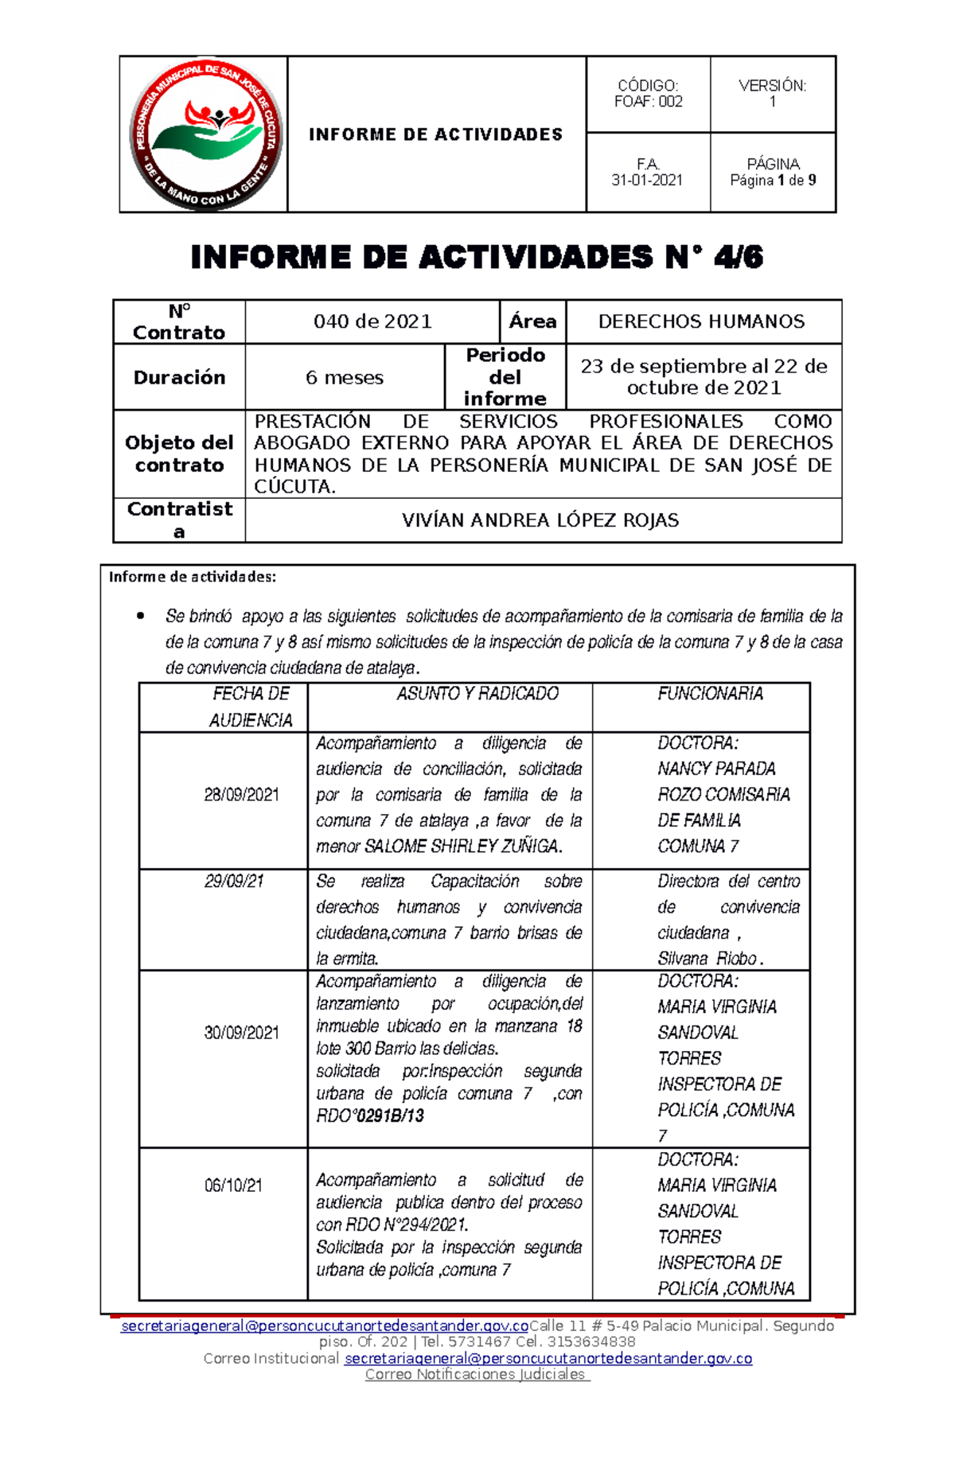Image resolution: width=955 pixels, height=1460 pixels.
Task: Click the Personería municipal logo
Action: [x=205, y=134]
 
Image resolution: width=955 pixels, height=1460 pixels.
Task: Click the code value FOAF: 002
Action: [x=648, y=102]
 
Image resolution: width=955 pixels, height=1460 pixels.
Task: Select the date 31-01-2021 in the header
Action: [x=647, y=181]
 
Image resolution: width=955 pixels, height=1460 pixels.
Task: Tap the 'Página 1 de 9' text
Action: [x=773, y=181]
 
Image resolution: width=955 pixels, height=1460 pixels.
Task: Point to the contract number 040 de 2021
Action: [x=372, y=321]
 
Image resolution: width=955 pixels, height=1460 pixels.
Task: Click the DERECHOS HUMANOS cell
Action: [x=701, y=321]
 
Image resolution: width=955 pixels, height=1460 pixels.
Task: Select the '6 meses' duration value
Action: [x=345, y=378]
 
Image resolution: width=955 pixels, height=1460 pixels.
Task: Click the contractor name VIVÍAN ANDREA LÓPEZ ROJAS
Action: [x=540, y=520]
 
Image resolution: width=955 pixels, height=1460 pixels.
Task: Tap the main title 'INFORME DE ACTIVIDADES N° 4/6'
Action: [x=477, y=257]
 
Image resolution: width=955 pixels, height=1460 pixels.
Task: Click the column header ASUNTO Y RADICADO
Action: [x=477, y=694]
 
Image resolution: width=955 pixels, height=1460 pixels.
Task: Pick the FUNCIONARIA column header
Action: [x=710, y=694]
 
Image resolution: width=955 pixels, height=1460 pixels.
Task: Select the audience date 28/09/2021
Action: [x=241, y=795]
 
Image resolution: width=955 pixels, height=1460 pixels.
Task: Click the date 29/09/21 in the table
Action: [x=234, y=882]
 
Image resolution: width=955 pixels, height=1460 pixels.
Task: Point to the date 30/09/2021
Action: [x=241, y=1033]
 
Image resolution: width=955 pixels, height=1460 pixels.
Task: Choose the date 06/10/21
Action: [x=233, y=1186]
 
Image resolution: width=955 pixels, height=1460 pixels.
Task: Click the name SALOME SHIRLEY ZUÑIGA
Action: [x=462, y=847]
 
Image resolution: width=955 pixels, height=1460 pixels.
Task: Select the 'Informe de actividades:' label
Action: [x=193, y=577]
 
